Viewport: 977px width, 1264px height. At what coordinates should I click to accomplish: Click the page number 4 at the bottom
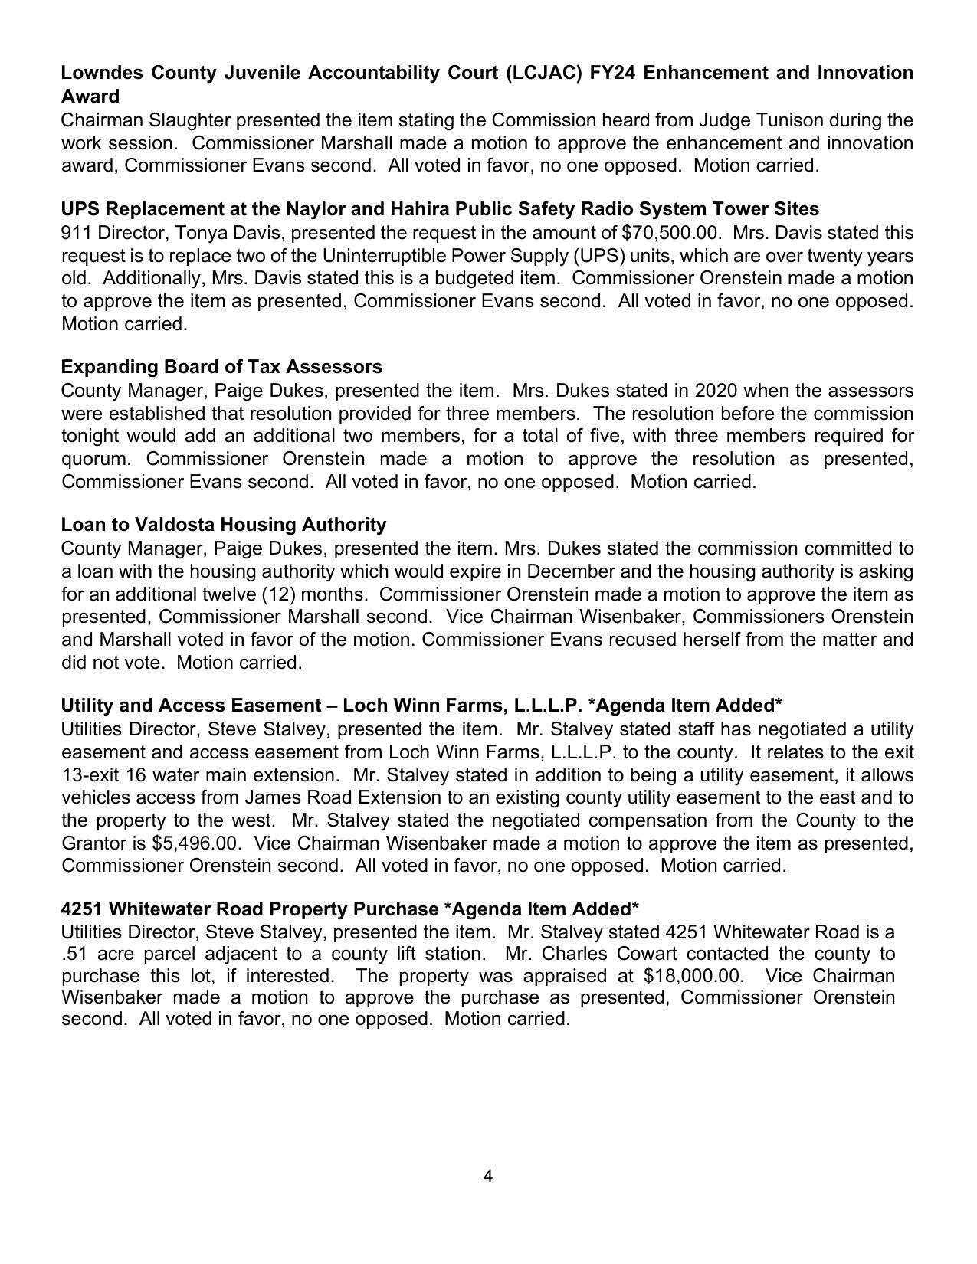pyautogui.click(x=488, y=1176)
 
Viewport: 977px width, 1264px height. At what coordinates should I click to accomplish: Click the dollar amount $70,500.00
pyautogui.click(x=670, y=232)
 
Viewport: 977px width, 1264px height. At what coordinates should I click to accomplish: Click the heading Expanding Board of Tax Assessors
pyautogui.click(x=221, y=367)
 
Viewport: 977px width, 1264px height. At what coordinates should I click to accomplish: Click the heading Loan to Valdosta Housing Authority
pyautogui.click(x=224, y=525)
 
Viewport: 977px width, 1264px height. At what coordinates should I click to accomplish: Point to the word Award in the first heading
pyautogui.click(x=90, y=97)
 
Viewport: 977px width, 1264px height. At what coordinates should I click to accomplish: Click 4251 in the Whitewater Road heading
pyautogui.click(x=82, y=909)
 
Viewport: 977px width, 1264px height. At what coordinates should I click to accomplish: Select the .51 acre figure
pyautogui.click(x=74, y=954)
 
